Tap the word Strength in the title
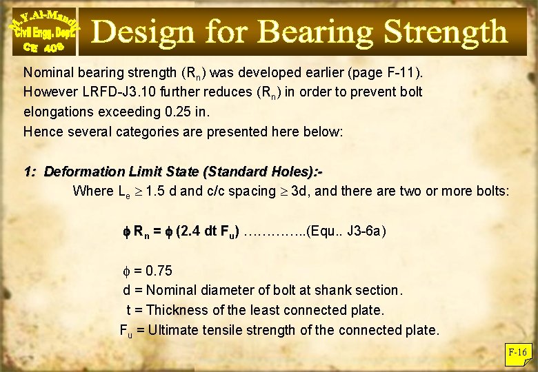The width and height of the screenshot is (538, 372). (445, 32)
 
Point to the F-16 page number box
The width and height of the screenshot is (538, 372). (517, 353)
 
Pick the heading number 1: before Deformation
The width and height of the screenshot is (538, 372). (30, 171)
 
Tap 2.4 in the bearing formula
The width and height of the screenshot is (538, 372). (192, 231)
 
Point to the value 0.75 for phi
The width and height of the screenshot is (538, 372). (159, 270)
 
